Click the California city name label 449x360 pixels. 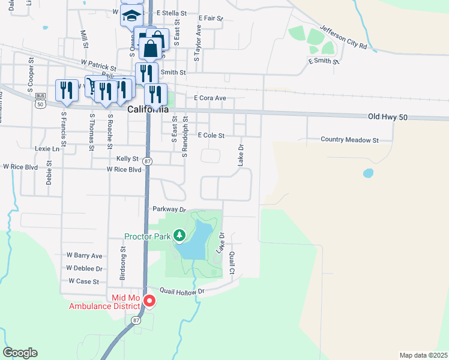tap(148, 109)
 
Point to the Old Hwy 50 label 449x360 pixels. tap(388, 116)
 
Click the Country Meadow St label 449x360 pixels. tap(349, 140)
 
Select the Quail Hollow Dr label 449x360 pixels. tap(182, 290)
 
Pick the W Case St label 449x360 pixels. tap(83, 281)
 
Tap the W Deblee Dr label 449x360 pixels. tap(84, 268)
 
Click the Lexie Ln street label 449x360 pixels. tap(47, 148)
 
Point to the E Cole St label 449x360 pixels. tap(211, 136)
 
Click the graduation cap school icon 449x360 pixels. tap(131, 15)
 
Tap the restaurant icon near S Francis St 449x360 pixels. tap(65, 90)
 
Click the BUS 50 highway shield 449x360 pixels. tap(40, 99)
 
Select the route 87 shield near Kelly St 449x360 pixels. tap(148, 161)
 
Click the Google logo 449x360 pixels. tap(20, 353)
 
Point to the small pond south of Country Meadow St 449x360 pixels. tap(368, 173)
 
